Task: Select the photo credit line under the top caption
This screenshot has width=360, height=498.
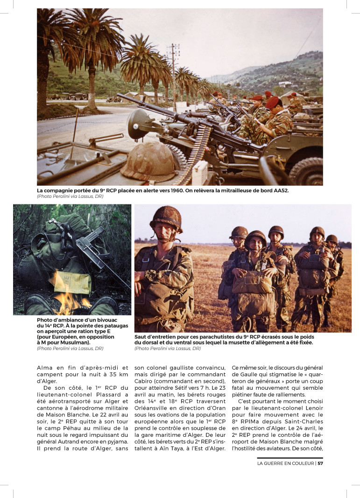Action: (x=70, y=196)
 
